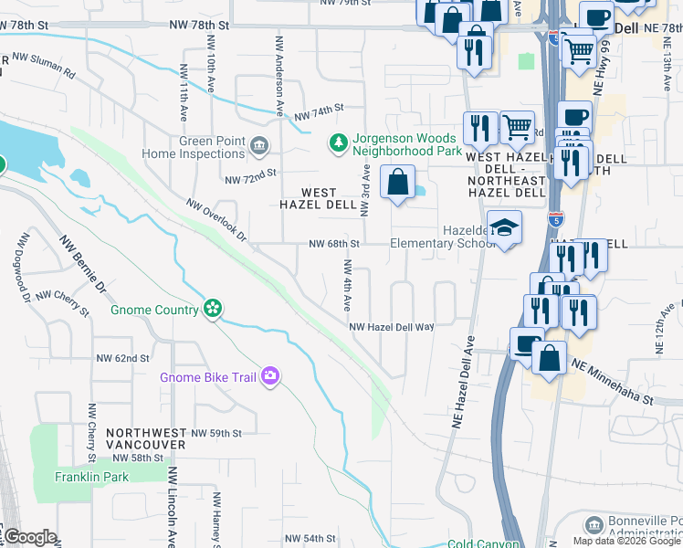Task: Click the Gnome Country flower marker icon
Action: [212, 310]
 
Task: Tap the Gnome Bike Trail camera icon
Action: [269, 376]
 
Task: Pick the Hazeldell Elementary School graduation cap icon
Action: [503, 228]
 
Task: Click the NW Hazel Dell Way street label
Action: [391, 326]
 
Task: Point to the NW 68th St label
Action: [334, 244]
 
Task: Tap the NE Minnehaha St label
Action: [613, 382]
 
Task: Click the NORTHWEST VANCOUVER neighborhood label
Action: [145, 437]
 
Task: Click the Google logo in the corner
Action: [29, 536]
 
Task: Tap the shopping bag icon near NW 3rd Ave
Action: [398, 183]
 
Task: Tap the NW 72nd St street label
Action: [250, 173]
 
